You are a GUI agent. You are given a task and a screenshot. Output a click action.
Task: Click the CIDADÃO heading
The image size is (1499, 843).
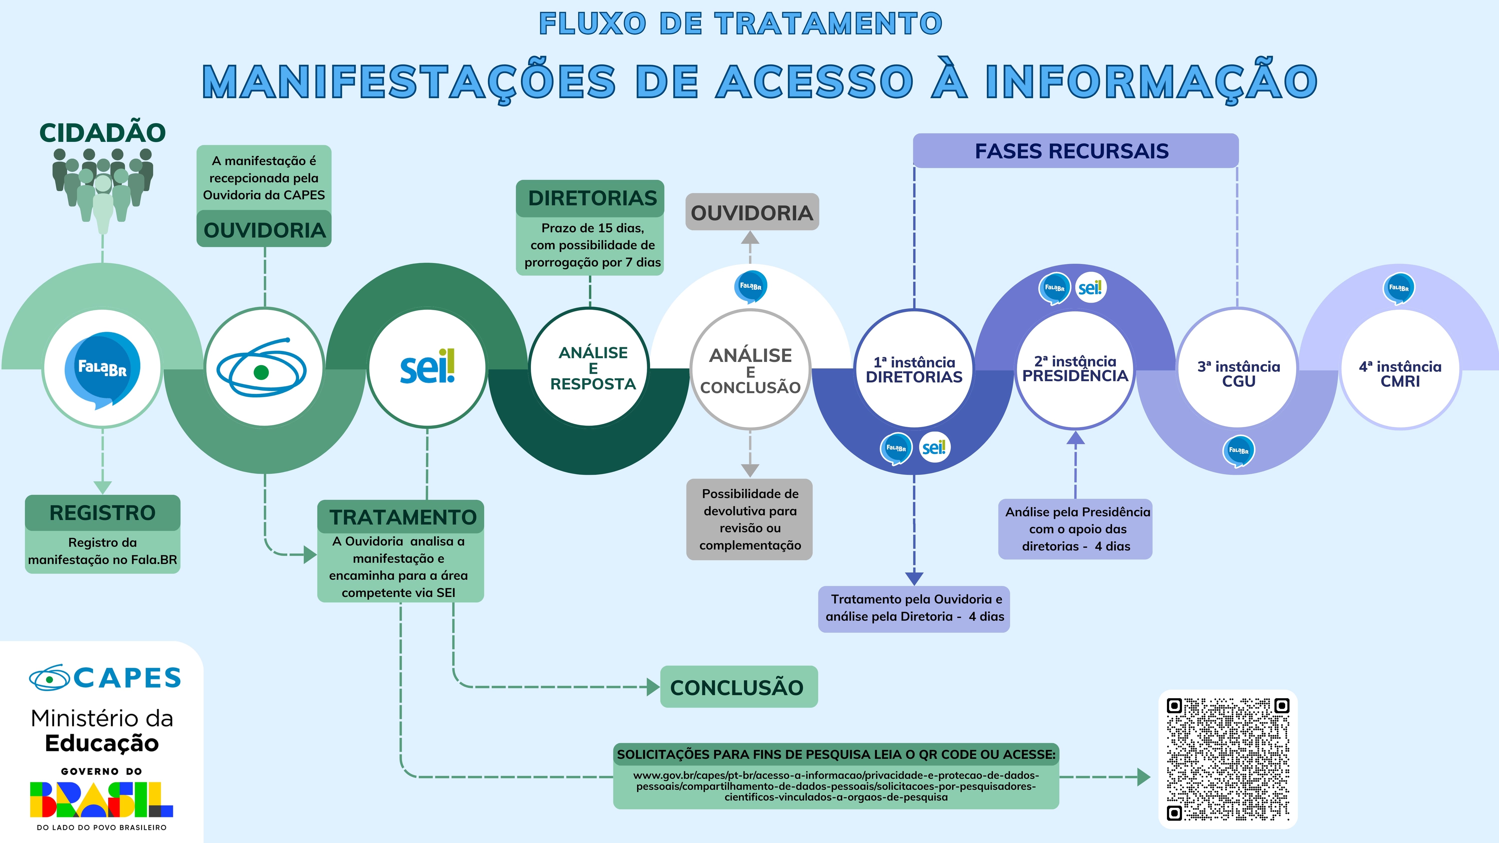tap(102, 133)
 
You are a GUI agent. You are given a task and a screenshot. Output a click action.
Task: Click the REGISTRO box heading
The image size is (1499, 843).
tap(102, 513)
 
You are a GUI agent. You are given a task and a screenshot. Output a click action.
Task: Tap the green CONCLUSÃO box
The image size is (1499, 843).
tap(738, 687)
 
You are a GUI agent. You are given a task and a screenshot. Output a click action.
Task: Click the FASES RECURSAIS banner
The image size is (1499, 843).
tap(1075, 151)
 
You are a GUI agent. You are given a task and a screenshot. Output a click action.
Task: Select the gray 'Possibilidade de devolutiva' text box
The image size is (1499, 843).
tap(749, 519)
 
